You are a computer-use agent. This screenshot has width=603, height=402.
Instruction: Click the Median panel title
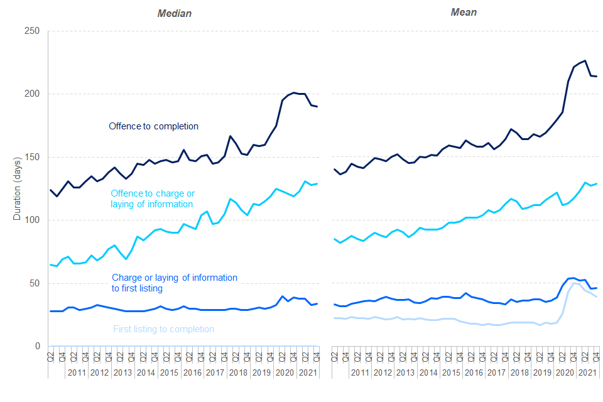click(x=174, y=13)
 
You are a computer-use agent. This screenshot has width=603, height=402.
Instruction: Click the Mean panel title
click(x=464, y=13)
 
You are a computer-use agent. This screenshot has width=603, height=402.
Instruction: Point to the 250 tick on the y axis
click(x=31, y=31)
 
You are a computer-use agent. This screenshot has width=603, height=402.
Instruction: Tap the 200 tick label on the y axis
click(x=31, y=94)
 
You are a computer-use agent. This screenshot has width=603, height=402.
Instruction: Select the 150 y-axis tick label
click(x=31, y=157)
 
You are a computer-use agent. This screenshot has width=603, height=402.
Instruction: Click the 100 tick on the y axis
click(x=31, y=220)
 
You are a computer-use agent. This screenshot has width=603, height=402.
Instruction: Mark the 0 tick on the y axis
click(x=37, y=346)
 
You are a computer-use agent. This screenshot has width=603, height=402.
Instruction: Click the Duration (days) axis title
click(x=17, y=188)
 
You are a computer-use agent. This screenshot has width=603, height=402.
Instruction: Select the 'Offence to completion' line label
click(x=153, y=126)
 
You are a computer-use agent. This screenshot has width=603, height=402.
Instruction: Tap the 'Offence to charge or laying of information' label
click(x=151, y=198)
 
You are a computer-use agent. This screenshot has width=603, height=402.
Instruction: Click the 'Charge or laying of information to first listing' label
click(x=174, y=283)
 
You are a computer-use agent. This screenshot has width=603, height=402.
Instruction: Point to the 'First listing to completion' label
click(x=163, y=329)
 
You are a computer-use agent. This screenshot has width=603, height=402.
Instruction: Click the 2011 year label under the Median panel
click(x=76, y=372)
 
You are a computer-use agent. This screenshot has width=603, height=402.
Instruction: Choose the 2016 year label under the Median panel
click(x=192, y=372)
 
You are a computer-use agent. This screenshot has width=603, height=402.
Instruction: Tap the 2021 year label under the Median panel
click(x=307, y=372)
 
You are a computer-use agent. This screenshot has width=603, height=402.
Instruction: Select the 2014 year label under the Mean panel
click(x=428, y=372)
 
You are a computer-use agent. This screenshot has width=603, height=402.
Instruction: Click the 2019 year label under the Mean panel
click(x=543, y=372)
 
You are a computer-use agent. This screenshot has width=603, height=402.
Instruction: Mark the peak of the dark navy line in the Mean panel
click(x=585, y=60)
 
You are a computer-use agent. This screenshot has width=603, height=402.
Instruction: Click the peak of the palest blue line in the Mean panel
click(x=573, y=283)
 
